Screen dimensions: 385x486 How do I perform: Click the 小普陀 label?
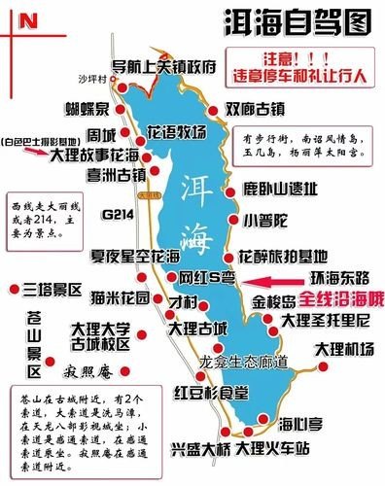click(x=265, y=220)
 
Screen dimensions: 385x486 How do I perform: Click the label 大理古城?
click(x=198, y=329)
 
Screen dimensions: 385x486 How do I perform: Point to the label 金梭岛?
click(x=276, y=299)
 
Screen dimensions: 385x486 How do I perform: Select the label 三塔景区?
click(x=53, y=290)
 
